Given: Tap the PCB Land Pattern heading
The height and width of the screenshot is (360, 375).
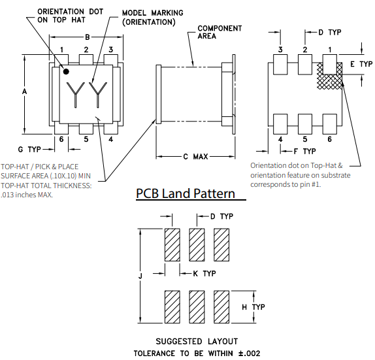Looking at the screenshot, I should [x=185, y=194].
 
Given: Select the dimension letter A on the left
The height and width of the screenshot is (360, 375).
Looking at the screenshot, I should [x=24, y=92].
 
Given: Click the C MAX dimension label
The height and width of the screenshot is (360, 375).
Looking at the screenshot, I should [x=195, y=157].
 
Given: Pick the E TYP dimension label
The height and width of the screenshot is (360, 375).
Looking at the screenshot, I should [x=361, y=64].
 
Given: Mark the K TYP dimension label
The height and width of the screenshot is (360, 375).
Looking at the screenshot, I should [x=204, y=273].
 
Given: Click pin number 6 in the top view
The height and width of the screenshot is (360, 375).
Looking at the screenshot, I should [x=61, y=139].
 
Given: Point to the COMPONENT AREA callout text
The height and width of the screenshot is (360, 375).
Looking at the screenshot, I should [x=220, y=33].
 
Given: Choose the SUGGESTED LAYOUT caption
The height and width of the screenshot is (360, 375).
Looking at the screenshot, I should [x=197, y=341].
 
